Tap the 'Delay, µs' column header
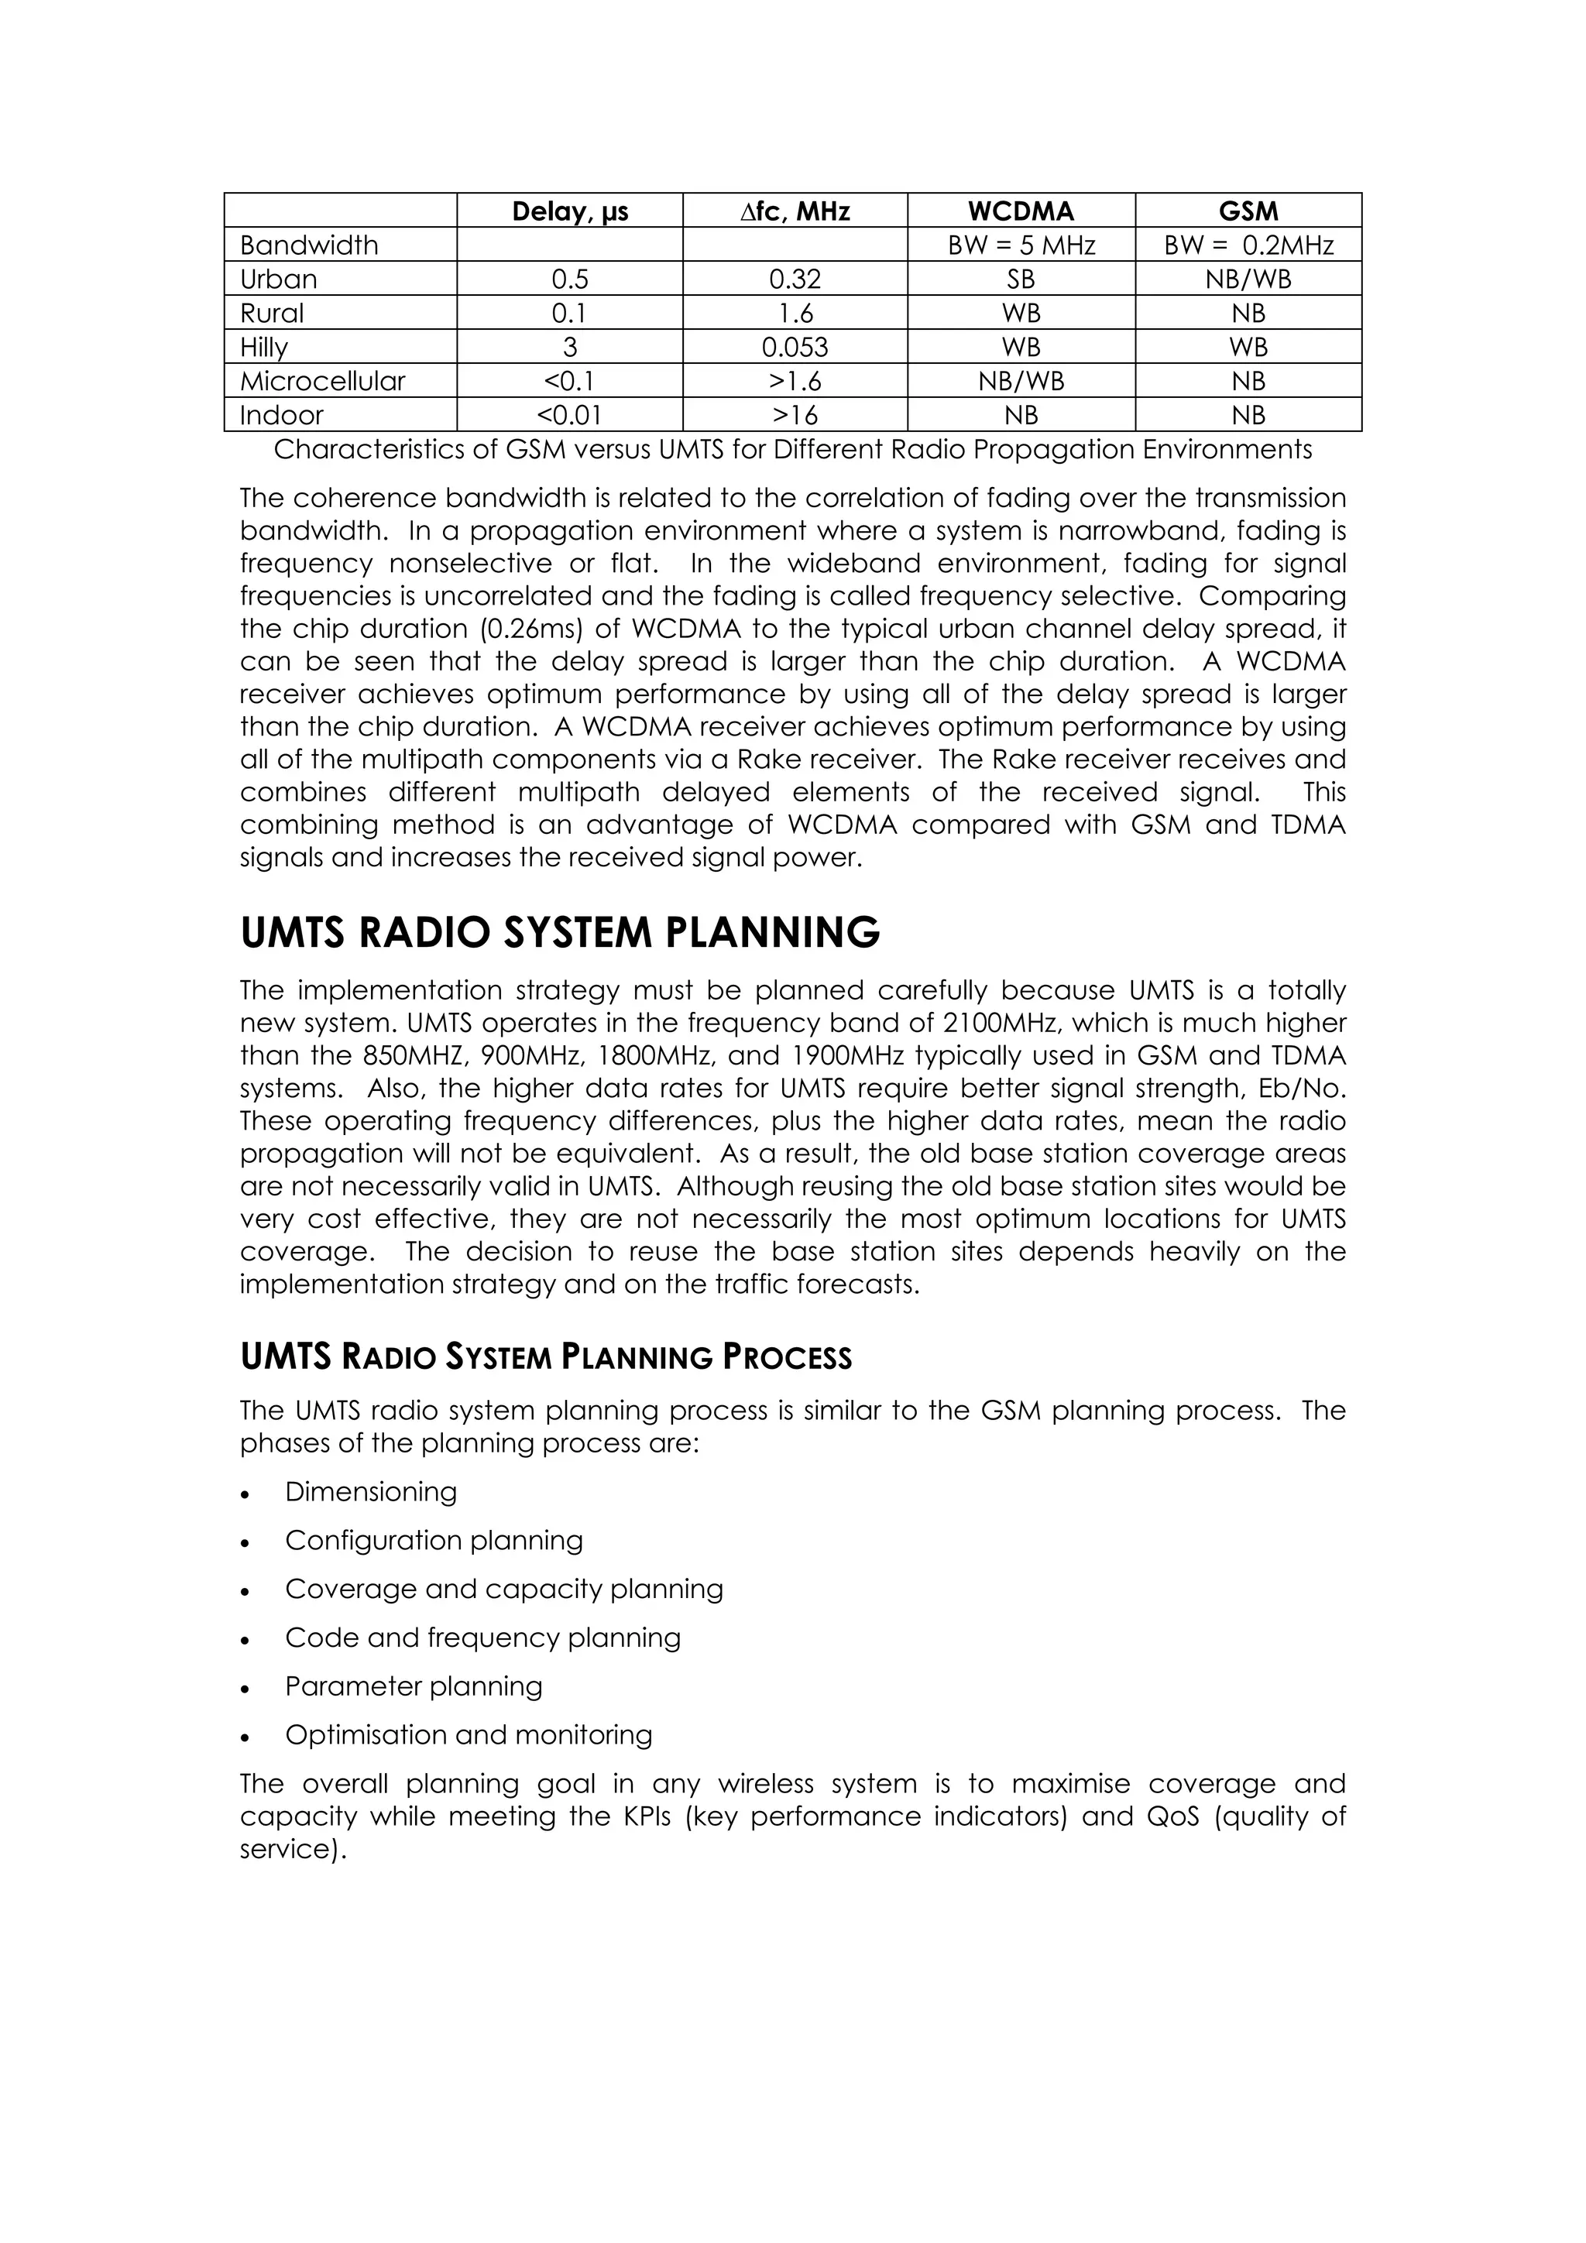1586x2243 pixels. click(x=570, y=211)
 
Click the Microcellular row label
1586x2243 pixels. click(x=322, y=381)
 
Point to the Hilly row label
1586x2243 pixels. click(x=264, y=347)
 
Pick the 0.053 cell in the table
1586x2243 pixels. click(x=795, y=347)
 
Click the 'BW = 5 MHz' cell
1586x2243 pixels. click(x=1021, y=245)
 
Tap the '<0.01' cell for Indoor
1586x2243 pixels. click(x=570, y=415)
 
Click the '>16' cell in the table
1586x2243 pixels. click(x=795, y=415)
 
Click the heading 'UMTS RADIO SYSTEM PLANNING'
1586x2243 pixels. click(x=560, y=933)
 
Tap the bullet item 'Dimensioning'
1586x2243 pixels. click(x=370, y=1492)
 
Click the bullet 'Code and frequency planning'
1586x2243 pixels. click(x=482, y=1638)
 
